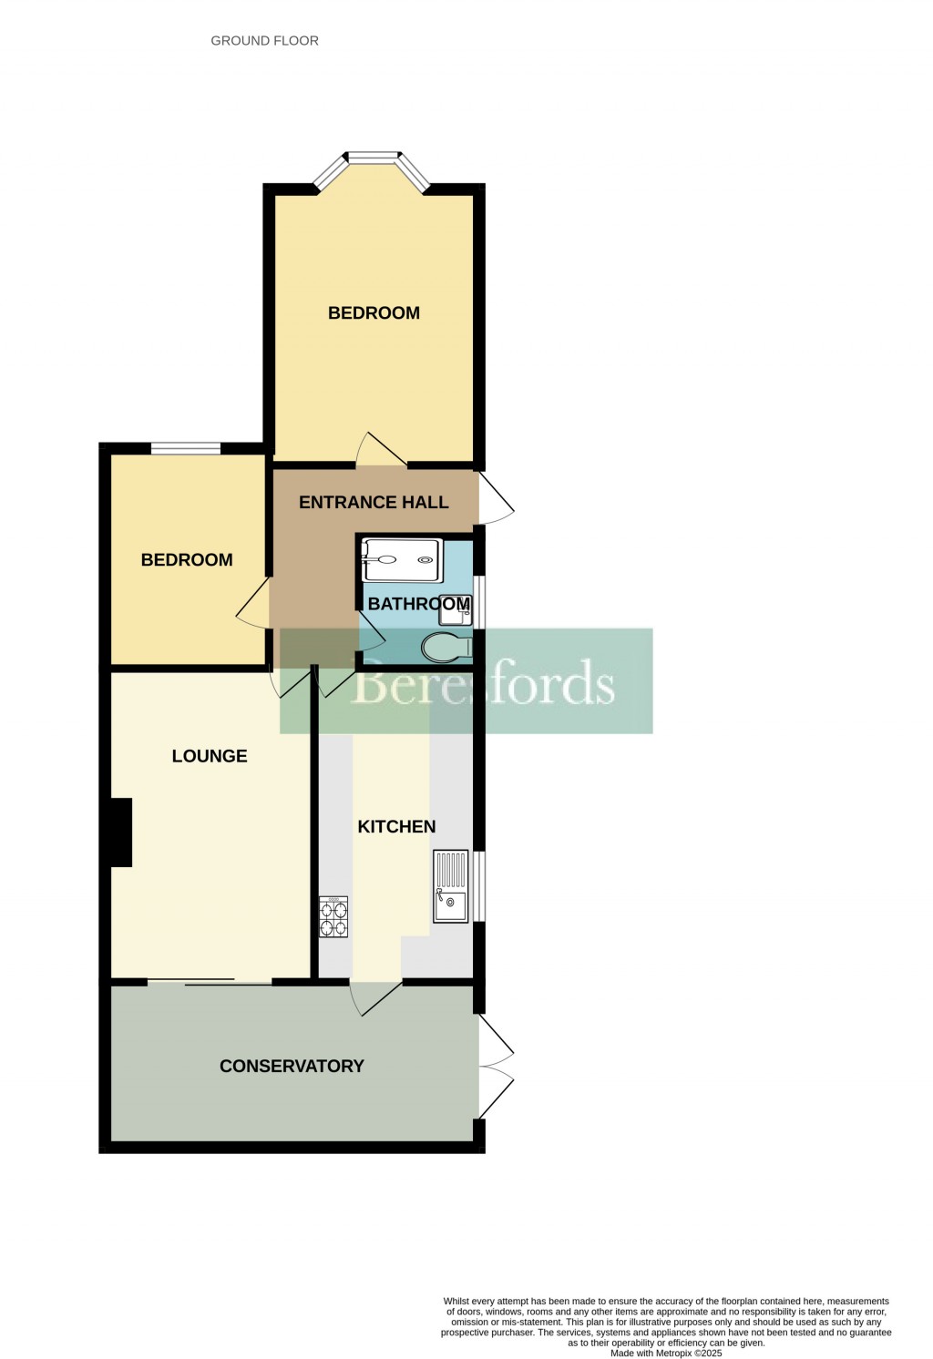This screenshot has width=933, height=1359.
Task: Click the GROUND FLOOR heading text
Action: [264, 41]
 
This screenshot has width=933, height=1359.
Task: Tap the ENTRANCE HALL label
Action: [374, 502]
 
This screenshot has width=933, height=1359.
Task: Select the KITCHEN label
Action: [396, 826]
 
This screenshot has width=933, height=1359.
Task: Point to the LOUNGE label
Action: [210, 756]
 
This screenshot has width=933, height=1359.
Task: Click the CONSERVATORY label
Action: [292, 1066]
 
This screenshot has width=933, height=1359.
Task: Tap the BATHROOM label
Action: [418, 604]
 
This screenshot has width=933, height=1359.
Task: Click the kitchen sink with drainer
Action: [451, 886]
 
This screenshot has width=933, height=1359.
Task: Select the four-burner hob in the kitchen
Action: [333, 917]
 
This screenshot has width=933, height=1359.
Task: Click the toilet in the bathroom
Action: [446, 648]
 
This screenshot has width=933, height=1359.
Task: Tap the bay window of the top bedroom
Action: [372, 165]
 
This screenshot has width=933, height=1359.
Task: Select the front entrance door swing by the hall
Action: [496, 499]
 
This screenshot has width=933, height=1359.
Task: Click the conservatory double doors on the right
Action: [496, 1067]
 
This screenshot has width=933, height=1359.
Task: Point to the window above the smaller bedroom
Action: [185, 447]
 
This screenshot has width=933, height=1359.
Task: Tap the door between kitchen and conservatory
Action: [374, 996]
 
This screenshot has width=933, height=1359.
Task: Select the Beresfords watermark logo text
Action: [483, 683]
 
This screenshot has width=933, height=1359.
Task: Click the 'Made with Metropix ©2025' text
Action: [666, 1353]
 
